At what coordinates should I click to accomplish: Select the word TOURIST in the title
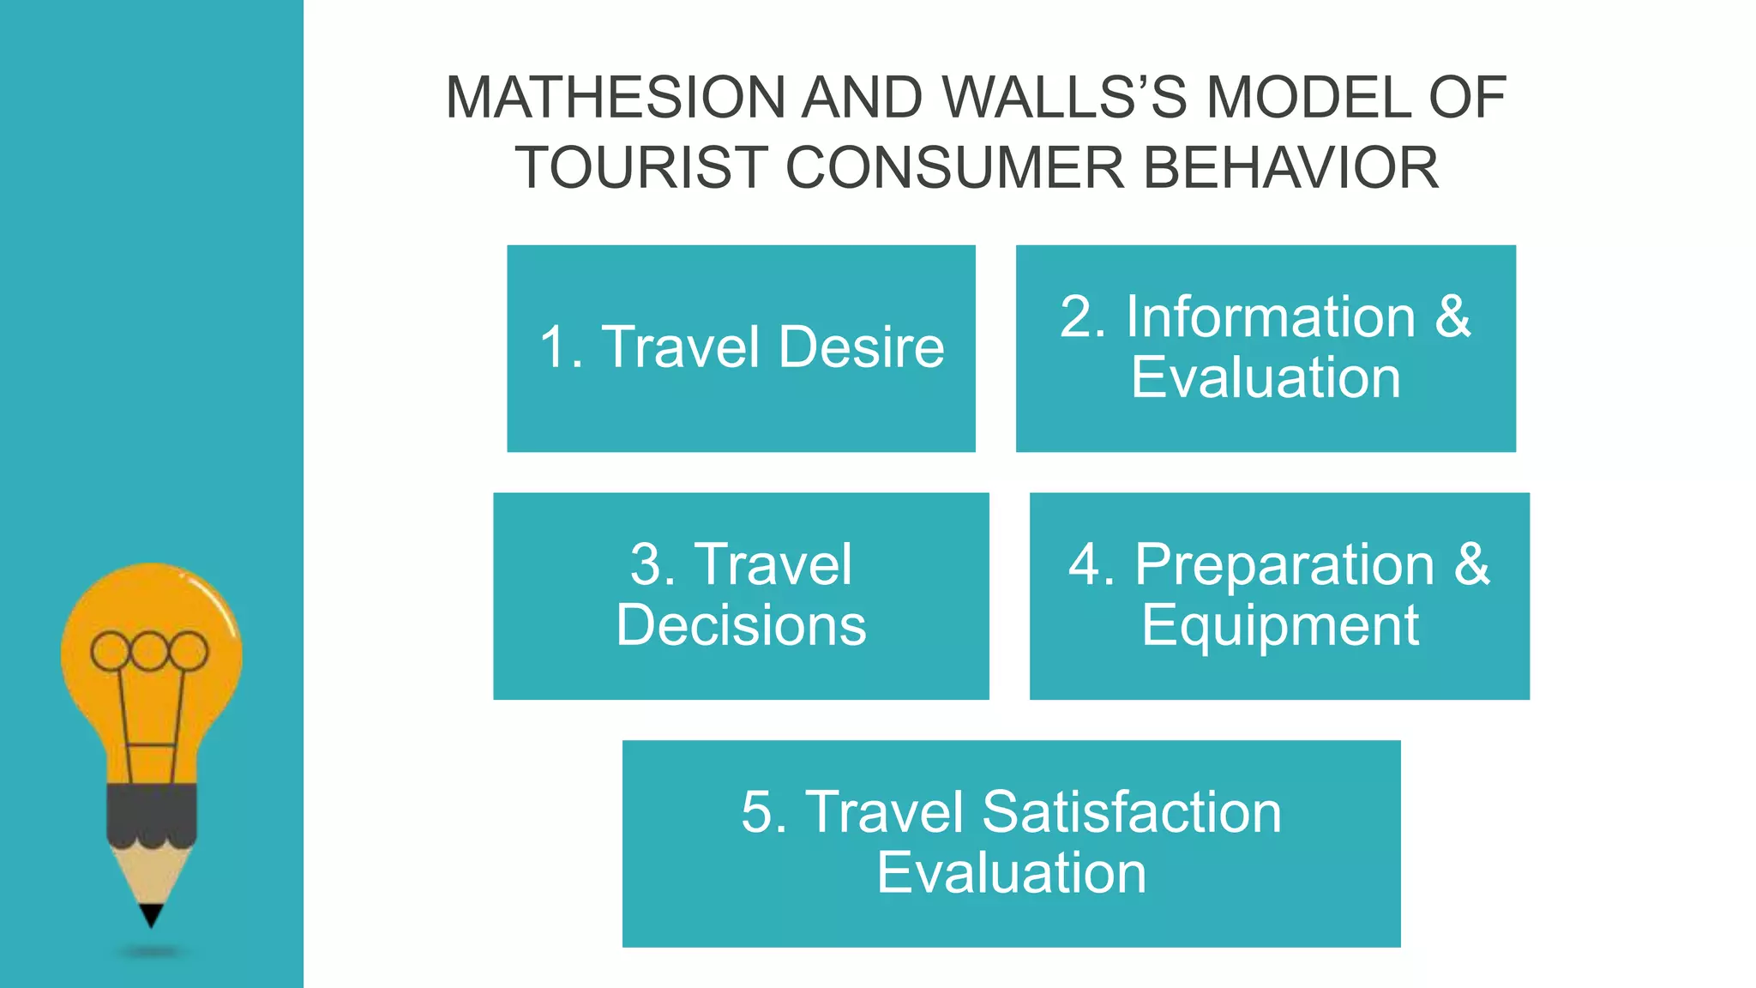point(641,168)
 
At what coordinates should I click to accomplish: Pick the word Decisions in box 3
point(741,625)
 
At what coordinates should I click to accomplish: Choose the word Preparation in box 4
point(1284,565)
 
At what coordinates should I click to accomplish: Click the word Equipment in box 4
point(1279,625)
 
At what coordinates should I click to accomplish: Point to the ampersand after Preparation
point(1472,565)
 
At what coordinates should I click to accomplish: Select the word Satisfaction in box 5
point(1131,812)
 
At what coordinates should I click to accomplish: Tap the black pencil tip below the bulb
point(151,915)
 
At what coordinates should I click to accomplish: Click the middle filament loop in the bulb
point(149,652)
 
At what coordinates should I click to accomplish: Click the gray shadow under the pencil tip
point(151,952)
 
